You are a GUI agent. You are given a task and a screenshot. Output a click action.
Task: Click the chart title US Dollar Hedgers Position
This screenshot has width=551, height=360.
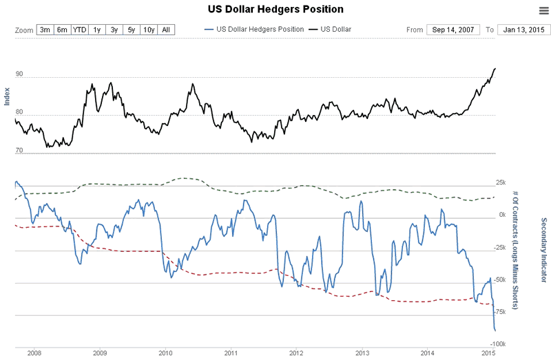tap(275, 10)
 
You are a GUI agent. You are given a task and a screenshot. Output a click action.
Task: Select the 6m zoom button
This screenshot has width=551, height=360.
tap(63, 30)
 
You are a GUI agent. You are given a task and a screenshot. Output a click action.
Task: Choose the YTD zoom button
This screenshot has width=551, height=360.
tap(80, 30)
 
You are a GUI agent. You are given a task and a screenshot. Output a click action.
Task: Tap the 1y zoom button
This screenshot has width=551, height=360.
tap(97, 30)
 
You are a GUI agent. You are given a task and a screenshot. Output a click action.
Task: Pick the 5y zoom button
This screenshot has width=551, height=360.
tap(131, 30)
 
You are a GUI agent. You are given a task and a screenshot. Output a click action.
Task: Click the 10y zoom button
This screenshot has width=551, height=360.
tap(149, 30)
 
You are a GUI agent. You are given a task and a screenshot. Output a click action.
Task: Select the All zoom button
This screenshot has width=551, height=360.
tap(166, 30)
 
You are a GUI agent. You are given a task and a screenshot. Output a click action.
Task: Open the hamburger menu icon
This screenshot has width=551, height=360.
tap(543, 10)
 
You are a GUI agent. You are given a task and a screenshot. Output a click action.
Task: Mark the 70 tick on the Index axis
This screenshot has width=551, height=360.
tap(19, 151)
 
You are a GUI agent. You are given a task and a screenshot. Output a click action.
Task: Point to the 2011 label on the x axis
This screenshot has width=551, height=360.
tap(231, 353)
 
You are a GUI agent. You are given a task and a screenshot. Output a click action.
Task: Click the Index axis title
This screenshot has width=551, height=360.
tap(8, 96)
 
